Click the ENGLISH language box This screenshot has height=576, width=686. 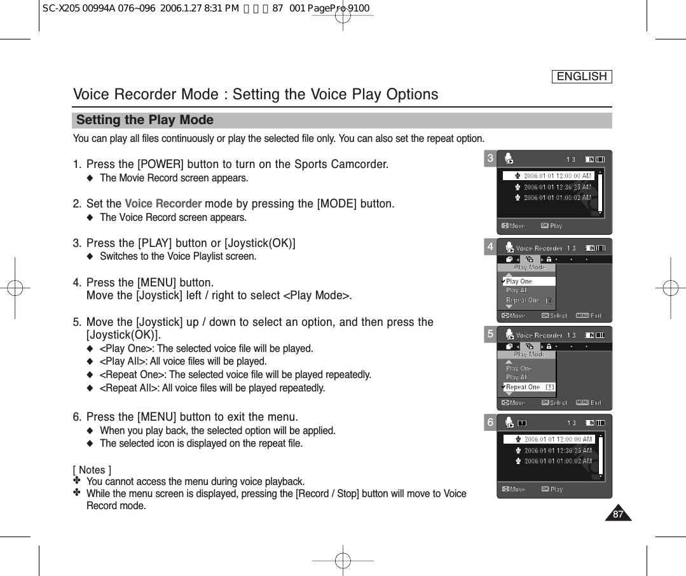tap(581, 77)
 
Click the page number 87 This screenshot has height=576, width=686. tap(617, 514)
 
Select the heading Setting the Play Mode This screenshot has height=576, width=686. tap(145, 120)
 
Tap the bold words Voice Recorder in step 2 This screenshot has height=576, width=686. tap(163, 204)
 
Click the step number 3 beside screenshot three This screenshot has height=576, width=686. tap(490, 158)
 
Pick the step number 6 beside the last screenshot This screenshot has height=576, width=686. tap(490, 423)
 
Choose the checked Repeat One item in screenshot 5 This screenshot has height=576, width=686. tap(523, 387)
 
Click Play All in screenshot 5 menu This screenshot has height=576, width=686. tap(517, 377)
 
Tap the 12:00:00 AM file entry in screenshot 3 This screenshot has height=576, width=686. tap(557, 176)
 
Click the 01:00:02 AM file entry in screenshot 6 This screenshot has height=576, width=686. tap(558, 461)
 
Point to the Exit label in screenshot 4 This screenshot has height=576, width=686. tap(596, 316)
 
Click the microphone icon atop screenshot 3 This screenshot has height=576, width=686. tap(509, 159)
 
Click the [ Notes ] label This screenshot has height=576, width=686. tap(92, 470)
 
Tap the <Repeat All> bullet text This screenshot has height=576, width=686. tap(212, 388)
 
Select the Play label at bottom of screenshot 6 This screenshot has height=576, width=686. tap(556, 489)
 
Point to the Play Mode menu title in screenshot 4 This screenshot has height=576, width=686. tap(529, 268)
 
